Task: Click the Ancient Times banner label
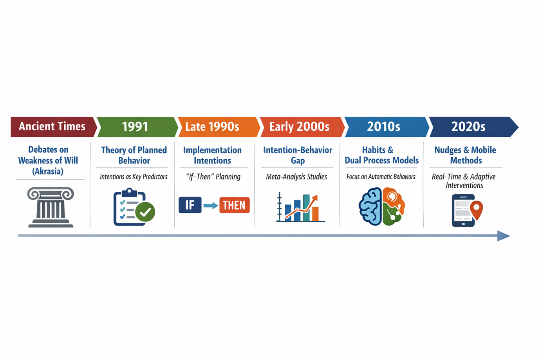coord(52,126)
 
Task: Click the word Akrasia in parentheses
coord(48,171)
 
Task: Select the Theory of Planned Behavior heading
coord(134,155)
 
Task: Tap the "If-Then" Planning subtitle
coord(213,177)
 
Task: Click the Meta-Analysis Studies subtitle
coord(296,177)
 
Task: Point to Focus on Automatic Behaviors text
coord(381,177)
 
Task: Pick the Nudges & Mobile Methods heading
coord(465,155)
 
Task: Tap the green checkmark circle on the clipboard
coord(145,212)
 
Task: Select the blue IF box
coord(190,205)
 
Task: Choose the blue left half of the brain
coord(370,207)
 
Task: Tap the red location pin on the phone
coord(476,210)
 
